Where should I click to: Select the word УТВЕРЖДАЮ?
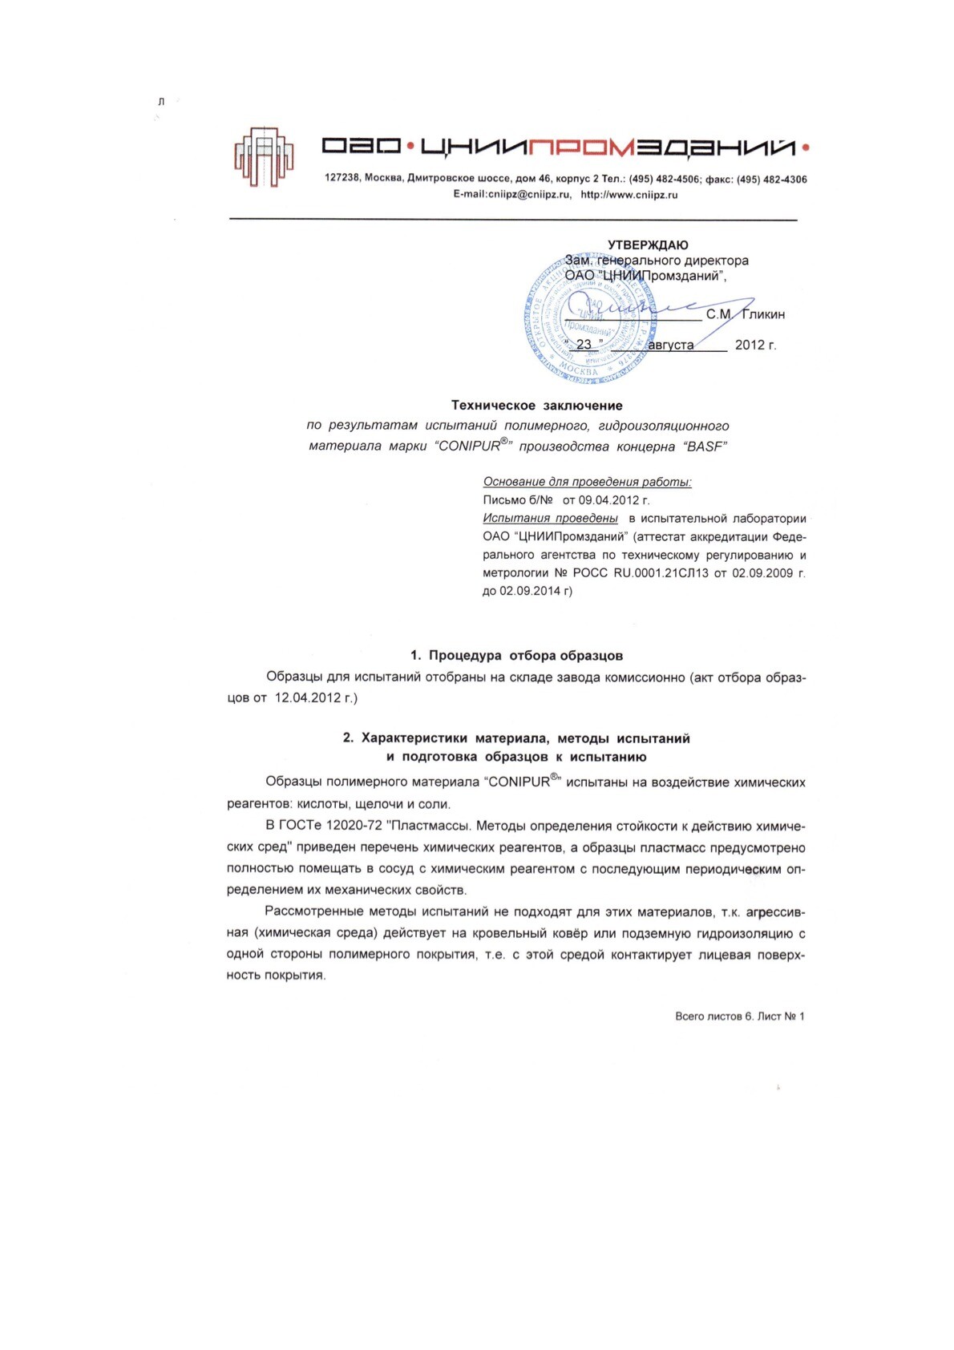point(648,245)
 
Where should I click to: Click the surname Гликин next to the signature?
point(762,314)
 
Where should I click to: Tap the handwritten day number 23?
point(584,345)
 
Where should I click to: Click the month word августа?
point(670,346)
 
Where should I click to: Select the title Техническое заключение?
point(536,406)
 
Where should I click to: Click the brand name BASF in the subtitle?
point(705,447)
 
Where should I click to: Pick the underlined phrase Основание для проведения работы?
point(587,482)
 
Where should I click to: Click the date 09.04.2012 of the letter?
point(613,500)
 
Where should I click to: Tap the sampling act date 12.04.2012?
point(308,697)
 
